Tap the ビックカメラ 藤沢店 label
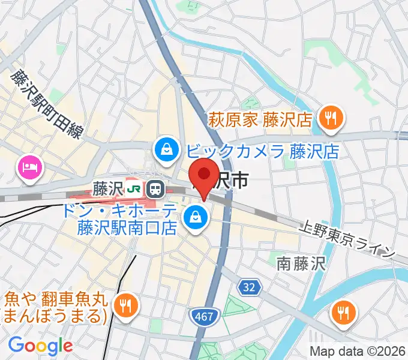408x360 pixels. pos(262,150)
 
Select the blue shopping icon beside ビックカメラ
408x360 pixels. pos(166,150)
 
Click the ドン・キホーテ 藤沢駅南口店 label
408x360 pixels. pos(127,219)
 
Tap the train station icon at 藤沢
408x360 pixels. pos(155,190)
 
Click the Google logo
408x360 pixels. pos(40,346)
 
